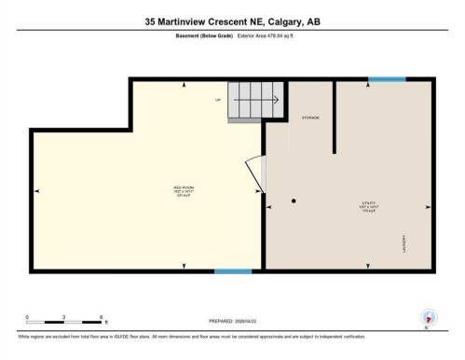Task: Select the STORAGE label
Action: [x=309, y=118]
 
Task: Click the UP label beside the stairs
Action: [x=218, y=99]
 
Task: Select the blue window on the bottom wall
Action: [x=232, y=271]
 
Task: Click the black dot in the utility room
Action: [x=294, y=201]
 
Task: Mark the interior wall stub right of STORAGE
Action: [x=335, y=117]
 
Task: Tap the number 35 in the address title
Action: [x=151, y=21]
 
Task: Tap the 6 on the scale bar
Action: [x=100, y=319]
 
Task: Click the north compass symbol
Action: [x=428, y=317]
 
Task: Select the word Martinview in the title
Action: [x=183, y=21]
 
